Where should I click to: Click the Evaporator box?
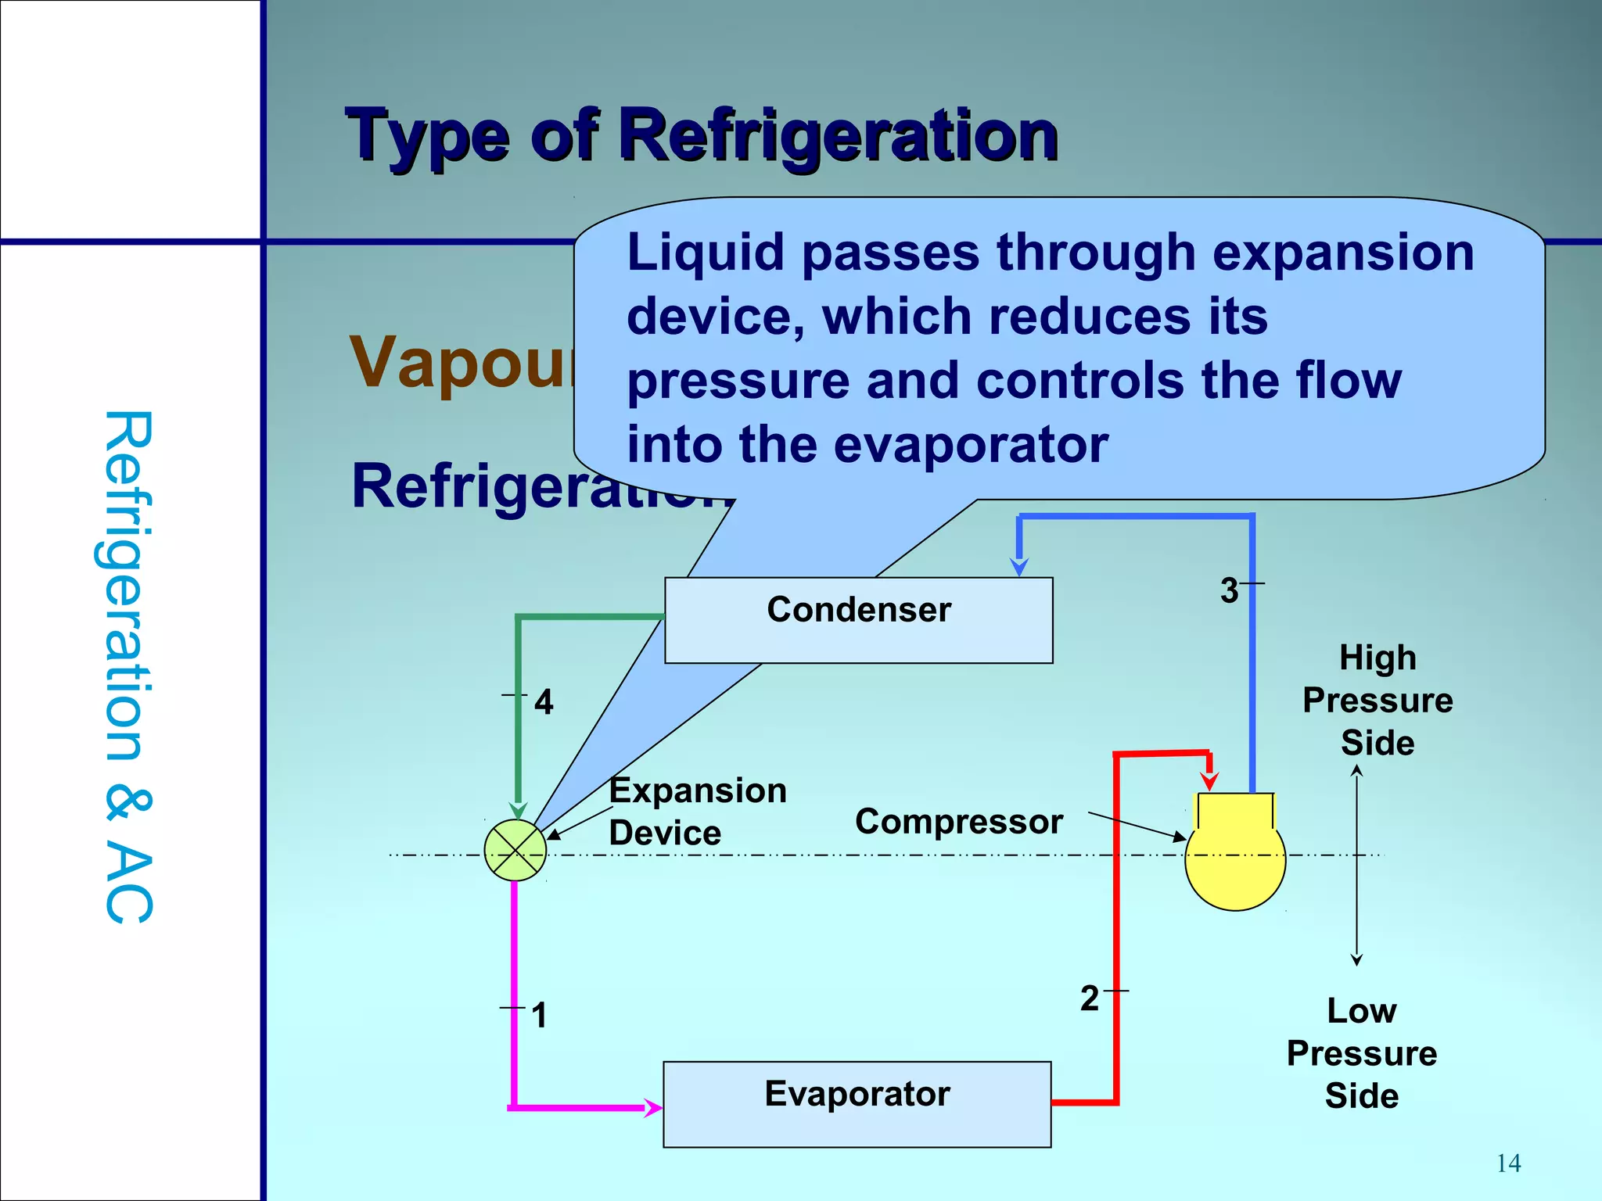[x=857, y=1103]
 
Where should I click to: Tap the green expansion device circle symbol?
[x=515, y=851]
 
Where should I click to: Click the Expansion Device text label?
[x=697, y=812]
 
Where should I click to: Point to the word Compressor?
[x=958, y=822]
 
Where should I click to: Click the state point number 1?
[x=539, y=1016]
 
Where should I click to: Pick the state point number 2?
[x=1089, y=998]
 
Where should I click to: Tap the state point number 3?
[x=1229, y=590]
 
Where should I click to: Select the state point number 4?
[x=544, y=702]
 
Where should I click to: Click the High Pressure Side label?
[x=1377, y=700]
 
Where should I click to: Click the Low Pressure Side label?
[x=1361, y=1053]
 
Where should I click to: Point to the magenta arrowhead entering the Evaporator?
[x=652, y=1107]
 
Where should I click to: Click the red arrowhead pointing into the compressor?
[x=1209, y=780]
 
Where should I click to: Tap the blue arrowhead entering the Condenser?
[x=1018, y=566]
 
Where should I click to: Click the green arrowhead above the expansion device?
[x=518, y=810]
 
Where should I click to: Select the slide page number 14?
[x=1508, y=1163]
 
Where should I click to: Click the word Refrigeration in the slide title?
[x=838, y=136]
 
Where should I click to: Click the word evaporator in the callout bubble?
[x=971, y=445]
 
